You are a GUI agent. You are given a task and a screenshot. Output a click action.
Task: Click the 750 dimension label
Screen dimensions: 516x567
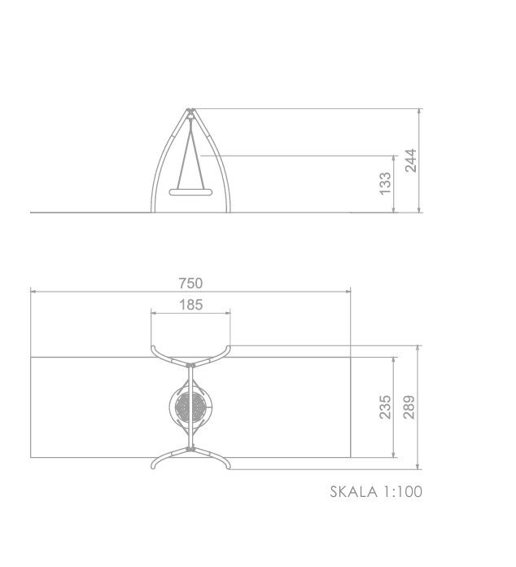coord(190,283)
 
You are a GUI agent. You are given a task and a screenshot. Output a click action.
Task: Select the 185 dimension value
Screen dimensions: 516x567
coord(190,305)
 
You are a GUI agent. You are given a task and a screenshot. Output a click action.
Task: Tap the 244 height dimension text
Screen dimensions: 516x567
coord(410,160)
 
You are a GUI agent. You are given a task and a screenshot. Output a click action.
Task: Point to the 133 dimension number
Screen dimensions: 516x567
coord(385,183)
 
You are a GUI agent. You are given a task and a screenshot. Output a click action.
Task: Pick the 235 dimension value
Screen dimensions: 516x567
coord(385,407)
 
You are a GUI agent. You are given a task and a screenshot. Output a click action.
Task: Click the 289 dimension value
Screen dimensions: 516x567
coord(409,407)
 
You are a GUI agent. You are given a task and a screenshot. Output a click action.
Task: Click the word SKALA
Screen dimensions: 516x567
coord(354,492)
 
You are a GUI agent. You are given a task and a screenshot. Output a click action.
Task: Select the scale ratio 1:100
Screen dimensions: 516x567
coord(403,492)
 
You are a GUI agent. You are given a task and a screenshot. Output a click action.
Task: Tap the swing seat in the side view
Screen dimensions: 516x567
coord(190,192)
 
